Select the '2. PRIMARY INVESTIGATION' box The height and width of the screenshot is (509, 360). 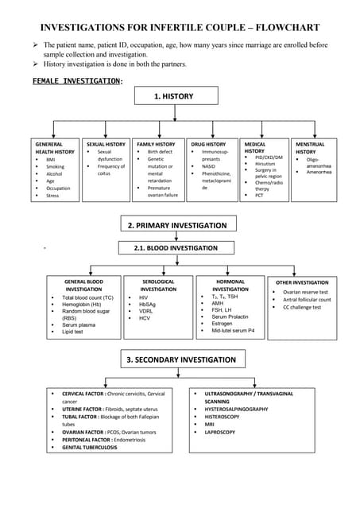pos(177,226)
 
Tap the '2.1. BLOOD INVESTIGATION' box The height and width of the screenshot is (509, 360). pos(177,248)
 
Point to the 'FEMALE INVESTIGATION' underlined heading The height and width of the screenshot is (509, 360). pos(76,81)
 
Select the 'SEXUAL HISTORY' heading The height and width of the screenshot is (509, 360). pos(106,144)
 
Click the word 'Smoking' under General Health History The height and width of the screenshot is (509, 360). pos(56,166)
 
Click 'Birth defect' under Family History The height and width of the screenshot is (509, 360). pos(160,151)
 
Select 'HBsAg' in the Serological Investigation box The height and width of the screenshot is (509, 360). pos(148,304)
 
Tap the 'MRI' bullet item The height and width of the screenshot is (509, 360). pos(210,424)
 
